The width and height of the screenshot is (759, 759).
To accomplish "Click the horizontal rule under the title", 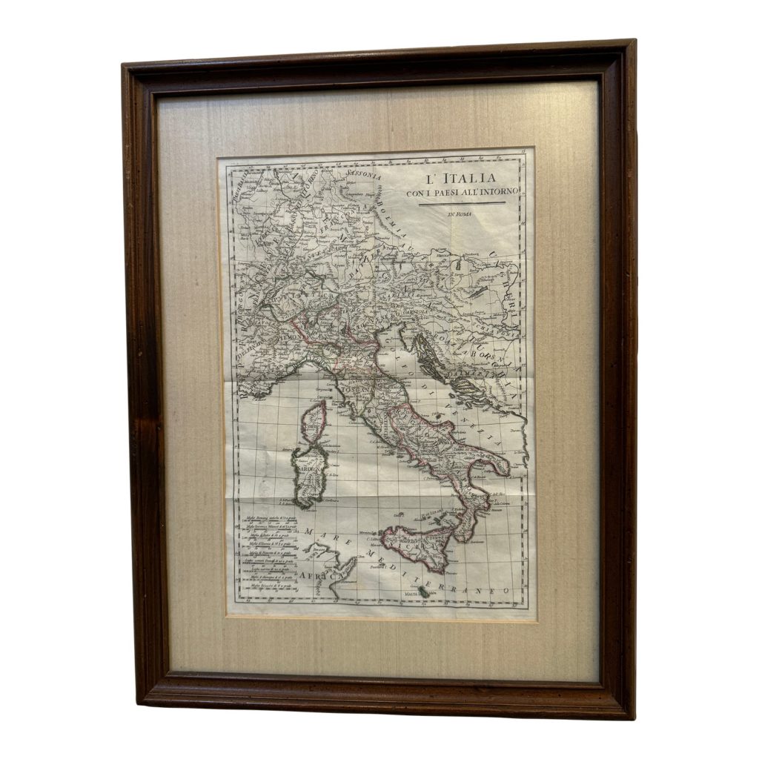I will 460,203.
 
